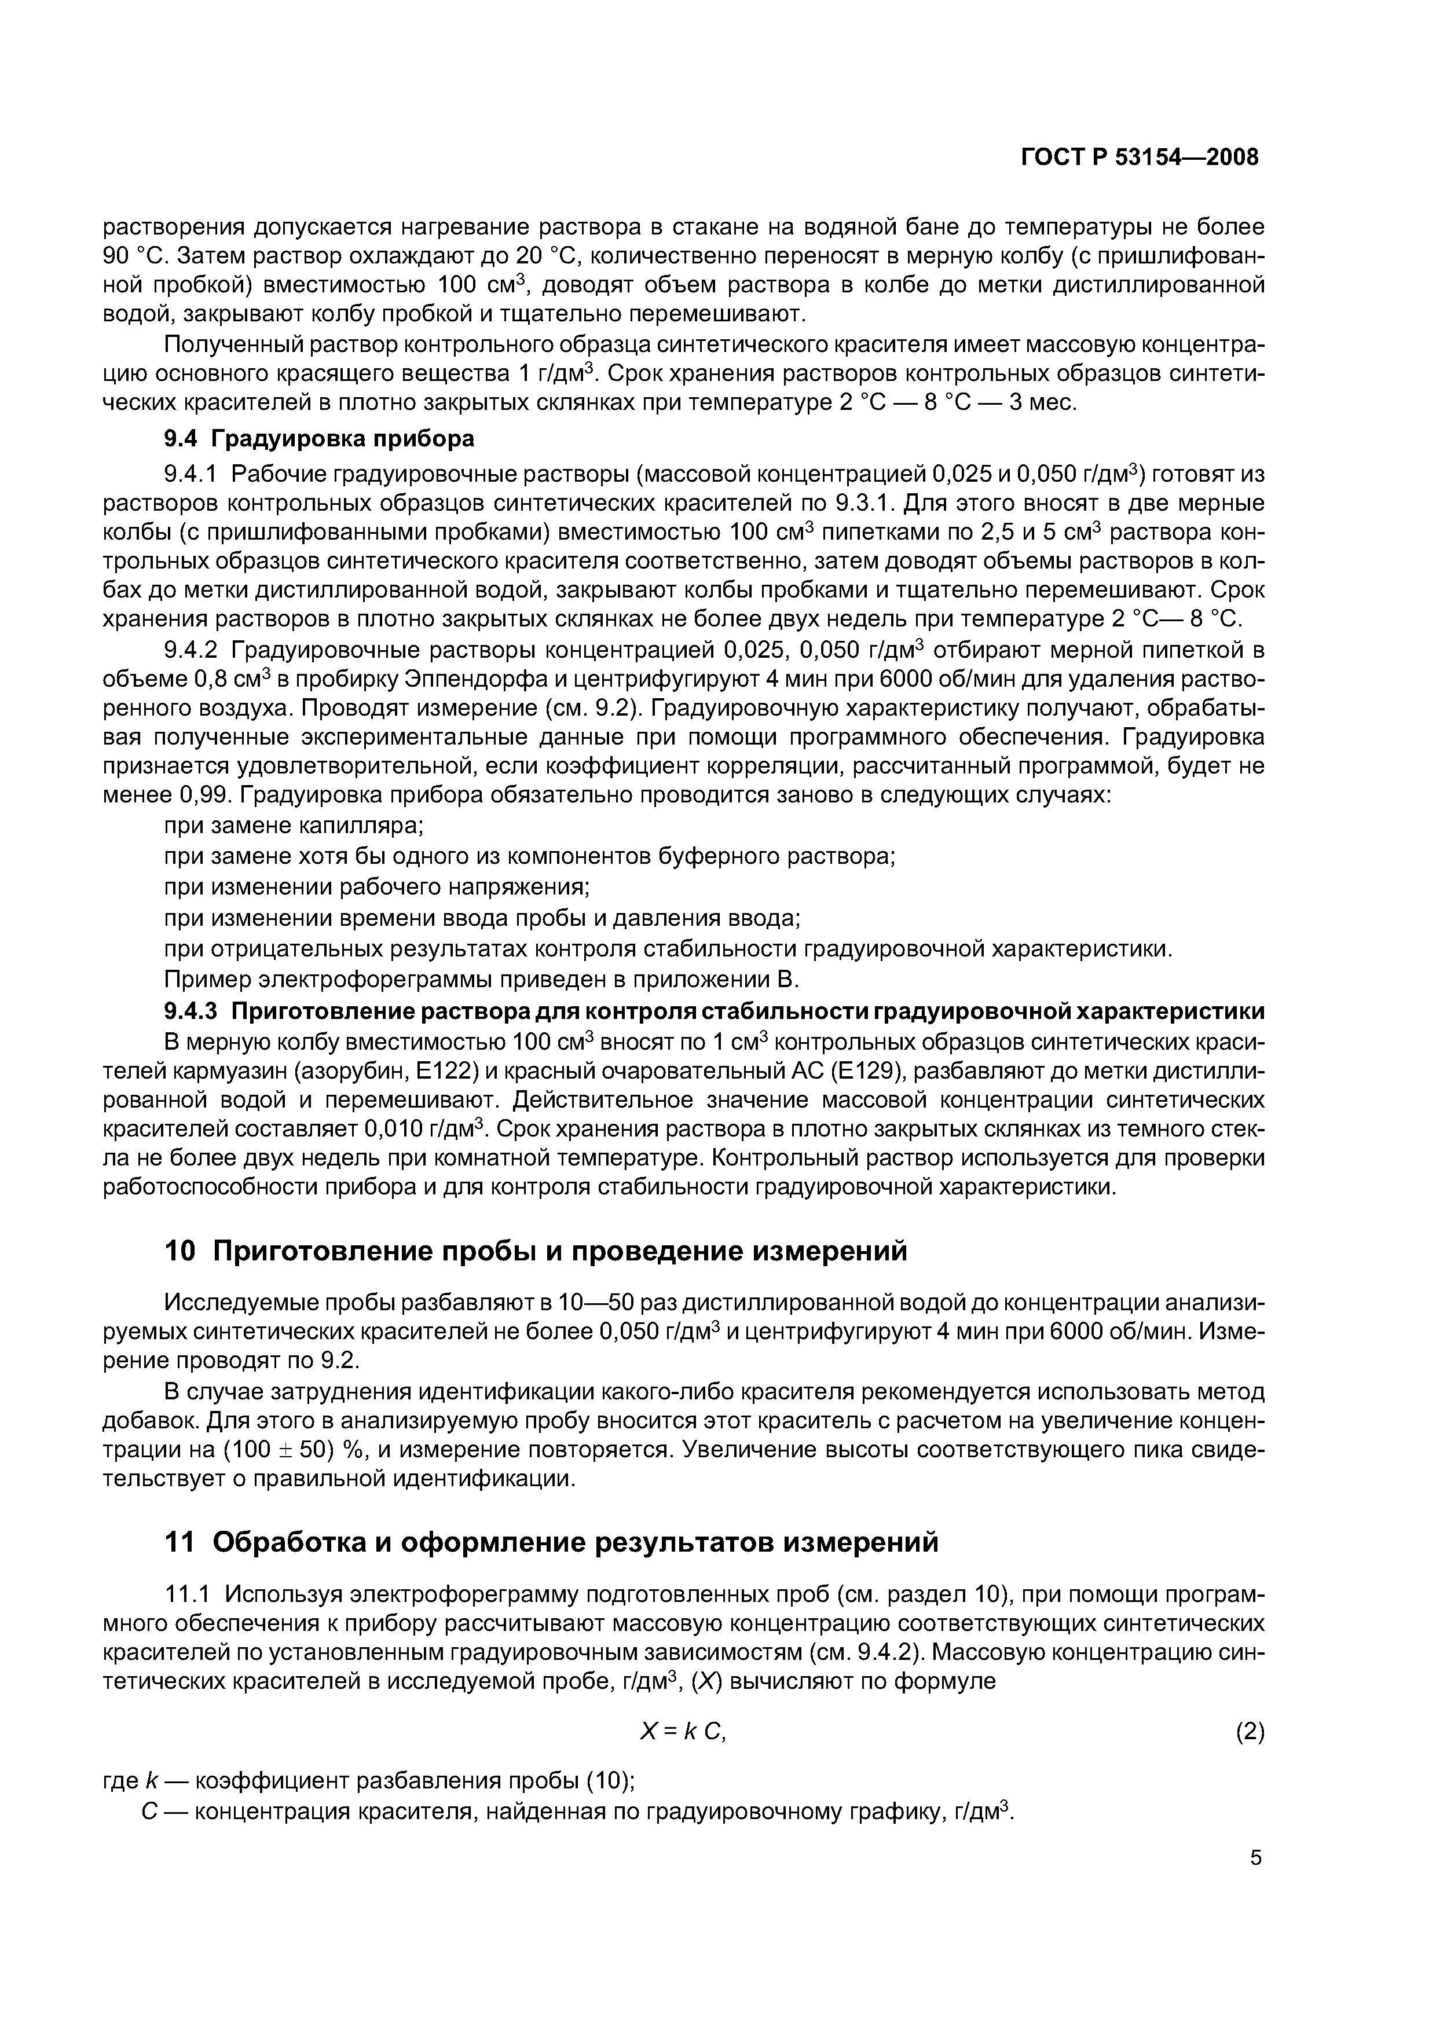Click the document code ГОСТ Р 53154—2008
click(x=1139, y=157)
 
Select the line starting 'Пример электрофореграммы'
click(x=482, y=979)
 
